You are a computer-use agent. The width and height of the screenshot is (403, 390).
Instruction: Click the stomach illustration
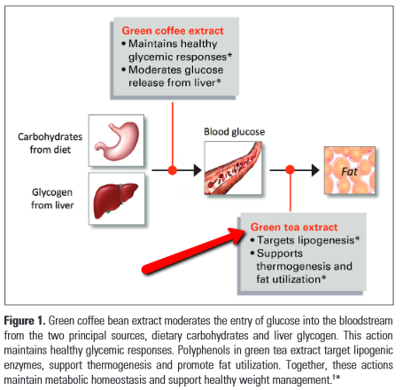tap(116, 141)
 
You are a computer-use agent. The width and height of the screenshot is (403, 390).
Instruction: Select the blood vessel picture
tap(233, 168)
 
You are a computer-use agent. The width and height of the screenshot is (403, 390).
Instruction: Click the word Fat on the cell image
tap(349, 171)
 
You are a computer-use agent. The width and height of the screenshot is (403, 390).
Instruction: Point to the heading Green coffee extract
tap(173, 31)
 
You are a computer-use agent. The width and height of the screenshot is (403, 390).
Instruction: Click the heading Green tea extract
tap(294, 227)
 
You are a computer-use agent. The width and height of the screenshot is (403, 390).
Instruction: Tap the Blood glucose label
tap(235, 132)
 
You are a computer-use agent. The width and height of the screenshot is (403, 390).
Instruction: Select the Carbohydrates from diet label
tap(50, 143)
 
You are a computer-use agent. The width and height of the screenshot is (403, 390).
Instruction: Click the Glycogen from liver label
tap(52, 199)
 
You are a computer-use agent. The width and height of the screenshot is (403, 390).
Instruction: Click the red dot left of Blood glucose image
tap(173, 170)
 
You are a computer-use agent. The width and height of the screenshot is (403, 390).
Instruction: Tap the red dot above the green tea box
tap(291, 169)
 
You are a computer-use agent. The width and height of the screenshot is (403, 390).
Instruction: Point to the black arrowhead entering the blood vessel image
tap(198, 170)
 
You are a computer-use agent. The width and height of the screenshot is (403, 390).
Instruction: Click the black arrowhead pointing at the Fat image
tap(315, 170)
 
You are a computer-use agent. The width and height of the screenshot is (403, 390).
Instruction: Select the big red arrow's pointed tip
tap(244, 231)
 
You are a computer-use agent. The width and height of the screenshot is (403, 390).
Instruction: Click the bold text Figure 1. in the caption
tap(25, 321)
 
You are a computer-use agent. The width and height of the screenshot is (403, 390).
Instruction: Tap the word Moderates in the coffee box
tap(151, 70)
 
